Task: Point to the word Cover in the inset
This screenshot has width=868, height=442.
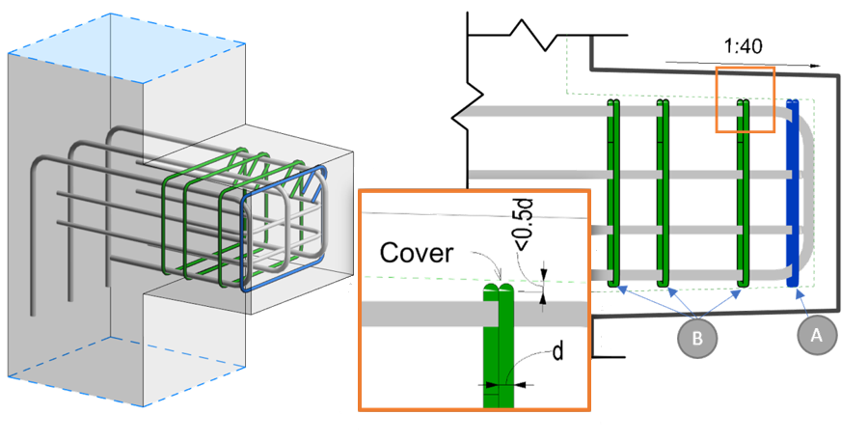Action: point(415,253)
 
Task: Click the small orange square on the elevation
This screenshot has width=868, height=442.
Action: point(745,98)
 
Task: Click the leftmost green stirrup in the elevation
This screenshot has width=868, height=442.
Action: point(611,193)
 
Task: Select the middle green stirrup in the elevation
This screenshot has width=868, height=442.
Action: point(663,193)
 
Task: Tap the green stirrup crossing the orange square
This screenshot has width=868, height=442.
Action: point(744,193)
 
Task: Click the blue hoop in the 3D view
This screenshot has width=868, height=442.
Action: point(285,232)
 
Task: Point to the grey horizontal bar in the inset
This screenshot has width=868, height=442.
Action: point(424,314)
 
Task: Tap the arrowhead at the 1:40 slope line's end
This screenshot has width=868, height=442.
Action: point(817,67)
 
